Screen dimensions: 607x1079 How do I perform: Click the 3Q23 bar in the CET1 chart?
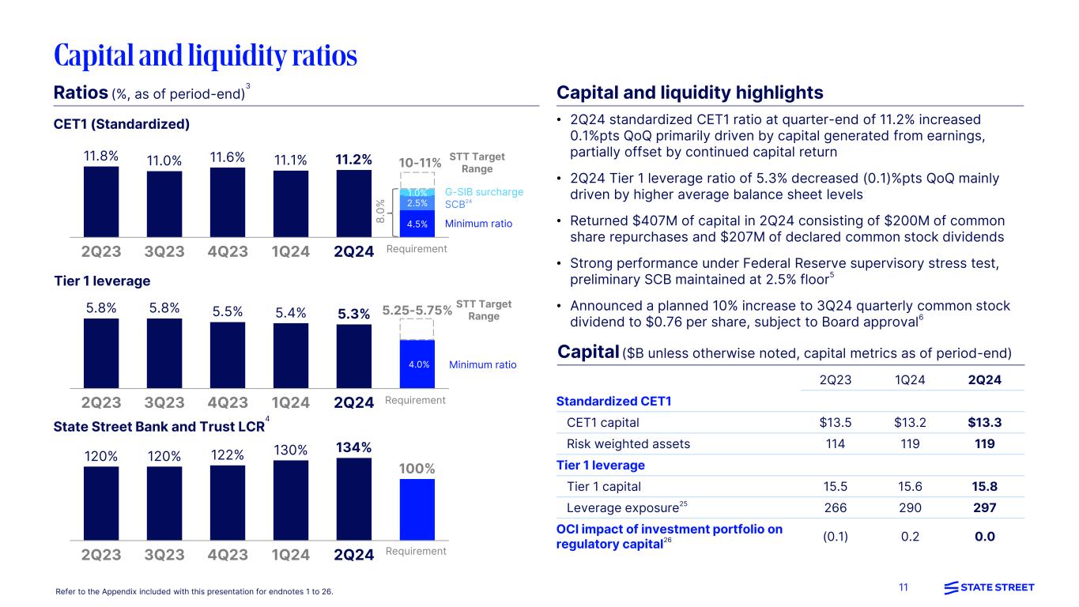[x=164, y=204]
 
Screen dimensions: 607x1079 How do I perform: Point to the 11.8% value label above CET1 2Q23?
[x=101, y=156]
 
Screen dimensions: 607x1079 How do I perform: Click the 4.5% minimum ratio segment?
[x=417, y=224]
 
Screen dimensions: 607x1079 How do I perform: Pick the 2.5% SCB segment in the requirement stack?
[x=417, y=204]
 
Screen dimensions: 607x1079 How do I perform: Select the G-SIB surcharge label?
[x=484, y=192]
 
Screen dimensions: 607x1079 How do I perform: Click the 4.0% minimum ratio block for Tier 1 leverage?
[x=417, y=364]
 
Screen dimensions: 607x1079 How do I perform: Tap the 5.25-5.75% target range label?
[x=417, y=311]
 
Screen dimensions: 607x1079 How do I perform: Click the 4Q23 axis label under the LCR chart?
[x=228, y=554]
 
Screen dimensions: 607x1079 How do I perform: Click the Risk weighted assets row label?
[x=628, y=443]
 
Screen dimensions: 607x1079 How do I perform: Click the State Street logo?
[x=989, y=587]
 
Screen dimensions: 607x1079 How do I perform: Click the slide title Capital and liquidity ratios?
[x=206, y=55]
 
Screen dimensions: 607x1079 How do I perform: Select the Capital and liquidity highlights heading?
[x=690, y=92]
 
